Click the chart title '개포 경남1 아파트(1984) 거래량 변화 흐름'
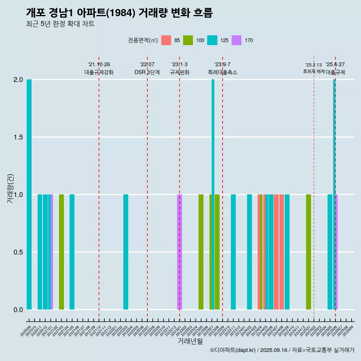click(119, 13)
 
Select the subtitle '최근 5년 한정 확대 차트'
click(60, 24)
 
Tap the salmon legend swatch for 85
click(166, 40)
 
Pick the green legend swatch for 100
click(188, 40)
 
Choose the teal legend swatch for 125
click(212, 40)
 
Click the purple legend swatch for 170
click(237, 40)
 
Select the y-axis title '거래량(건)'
click(11, 188)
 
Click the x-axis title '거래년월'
click(190, 341)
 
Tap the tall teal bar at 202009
click(29, 194)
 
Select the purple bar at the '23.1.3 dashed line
click(180, 252)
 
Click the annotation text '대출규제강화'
click(99, 72)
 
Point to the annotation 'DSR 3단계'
click(147, 72)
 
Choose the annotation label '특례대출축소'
click(223, 72)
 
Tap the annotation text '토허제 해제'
click(314, 71)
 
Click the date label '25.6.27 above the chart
click(335, 65)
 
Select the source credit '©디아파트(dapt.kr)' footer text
click(233, 350)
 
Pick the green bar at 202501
click(308, 252)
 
